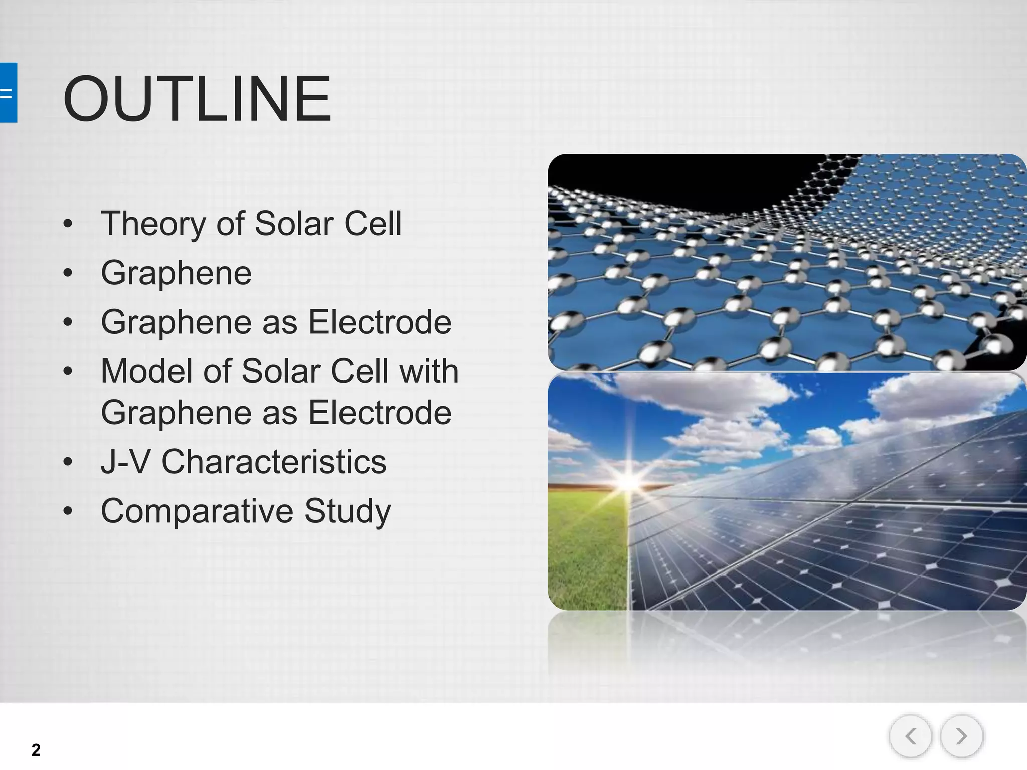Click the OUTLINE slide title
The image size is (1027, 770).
point(197,98)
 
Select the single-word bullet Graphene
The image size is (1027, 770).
point(176,273)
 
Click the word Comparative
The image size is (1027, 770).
point(197,511)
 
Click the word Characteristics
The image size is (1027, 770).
point(274,462)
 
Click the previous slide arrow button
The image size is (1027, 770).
point(910,736)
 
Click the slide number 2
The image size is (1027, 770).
point(36,750)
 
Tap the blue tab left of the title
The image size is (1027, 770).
point(8,93)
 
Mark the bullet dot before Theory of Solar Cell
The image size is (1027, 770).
point(68,224)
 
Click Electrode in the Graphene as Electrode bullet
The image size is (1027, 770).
point(380,322)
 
